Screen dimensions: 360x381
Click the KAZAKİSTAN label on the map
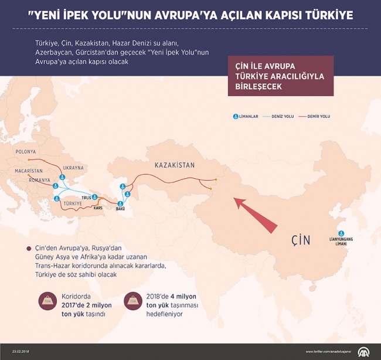coord(174,165)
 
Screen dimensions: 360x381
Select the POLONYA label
coord(26,151)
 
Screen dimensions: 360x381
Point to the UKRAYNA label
coord(73,168)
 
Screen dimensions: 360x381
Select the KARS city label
coord(98,208)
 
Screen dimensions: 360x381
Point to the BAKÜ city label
coord(120,209)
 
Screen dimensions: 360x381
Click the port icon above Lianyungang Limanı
coord(340,232)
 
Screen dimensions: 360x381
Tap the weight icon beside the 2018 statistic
coord(133,304)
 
